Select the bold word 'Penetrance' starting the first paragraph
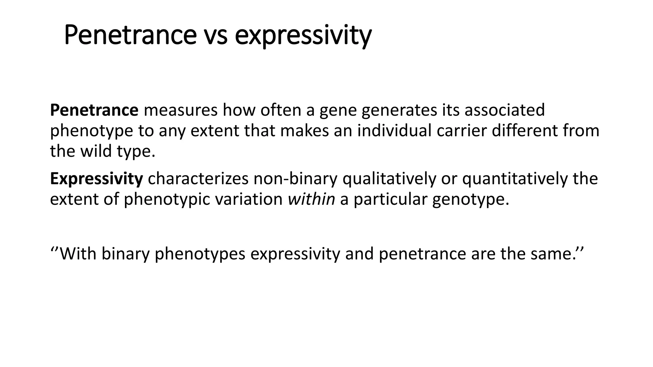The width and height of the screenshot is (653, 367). (94, 110)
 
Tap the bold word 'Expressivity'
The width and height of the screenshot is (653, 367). (96, 179)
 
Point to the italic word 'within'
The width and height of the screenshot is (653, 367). (311, 199)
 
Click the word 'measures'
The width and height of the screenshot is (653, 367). (180, 110)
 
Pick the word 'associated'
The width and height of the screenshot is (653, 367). (504, 110)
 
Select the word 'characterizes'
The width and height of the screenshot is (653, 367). (198, 179)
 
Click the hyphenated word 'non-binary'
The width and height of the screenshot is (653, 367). (295, 179)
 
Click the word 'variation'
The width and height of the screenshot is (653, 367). (249, 199)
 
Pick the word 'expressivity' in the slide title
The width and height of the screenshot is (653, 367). (303, 36)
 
